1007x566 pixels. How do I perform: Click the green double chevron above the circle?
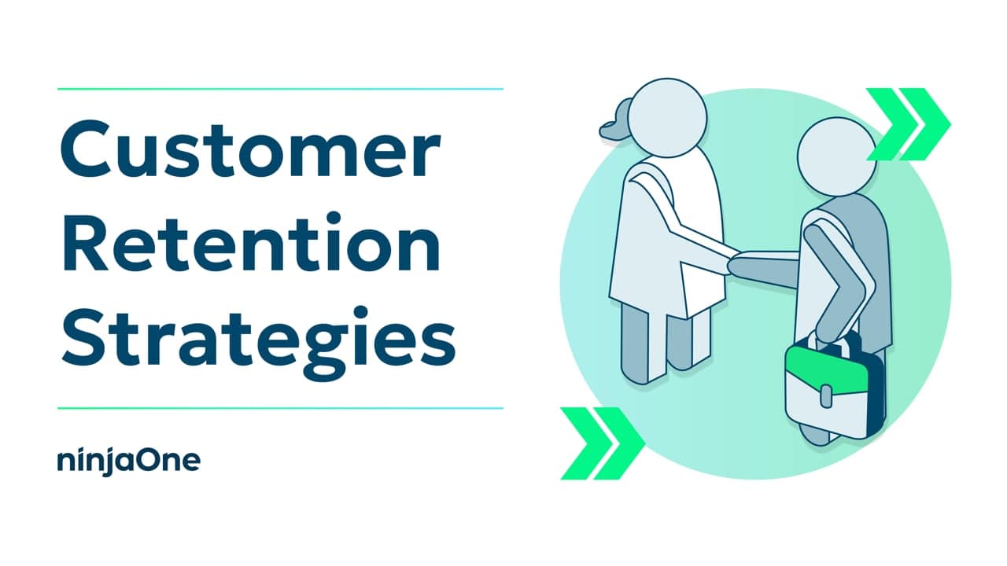click(909, 123)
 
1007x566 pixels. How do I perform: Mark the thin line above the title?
click(280, 89)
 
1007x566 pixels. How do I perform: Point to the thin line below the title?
click(280, 408)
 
